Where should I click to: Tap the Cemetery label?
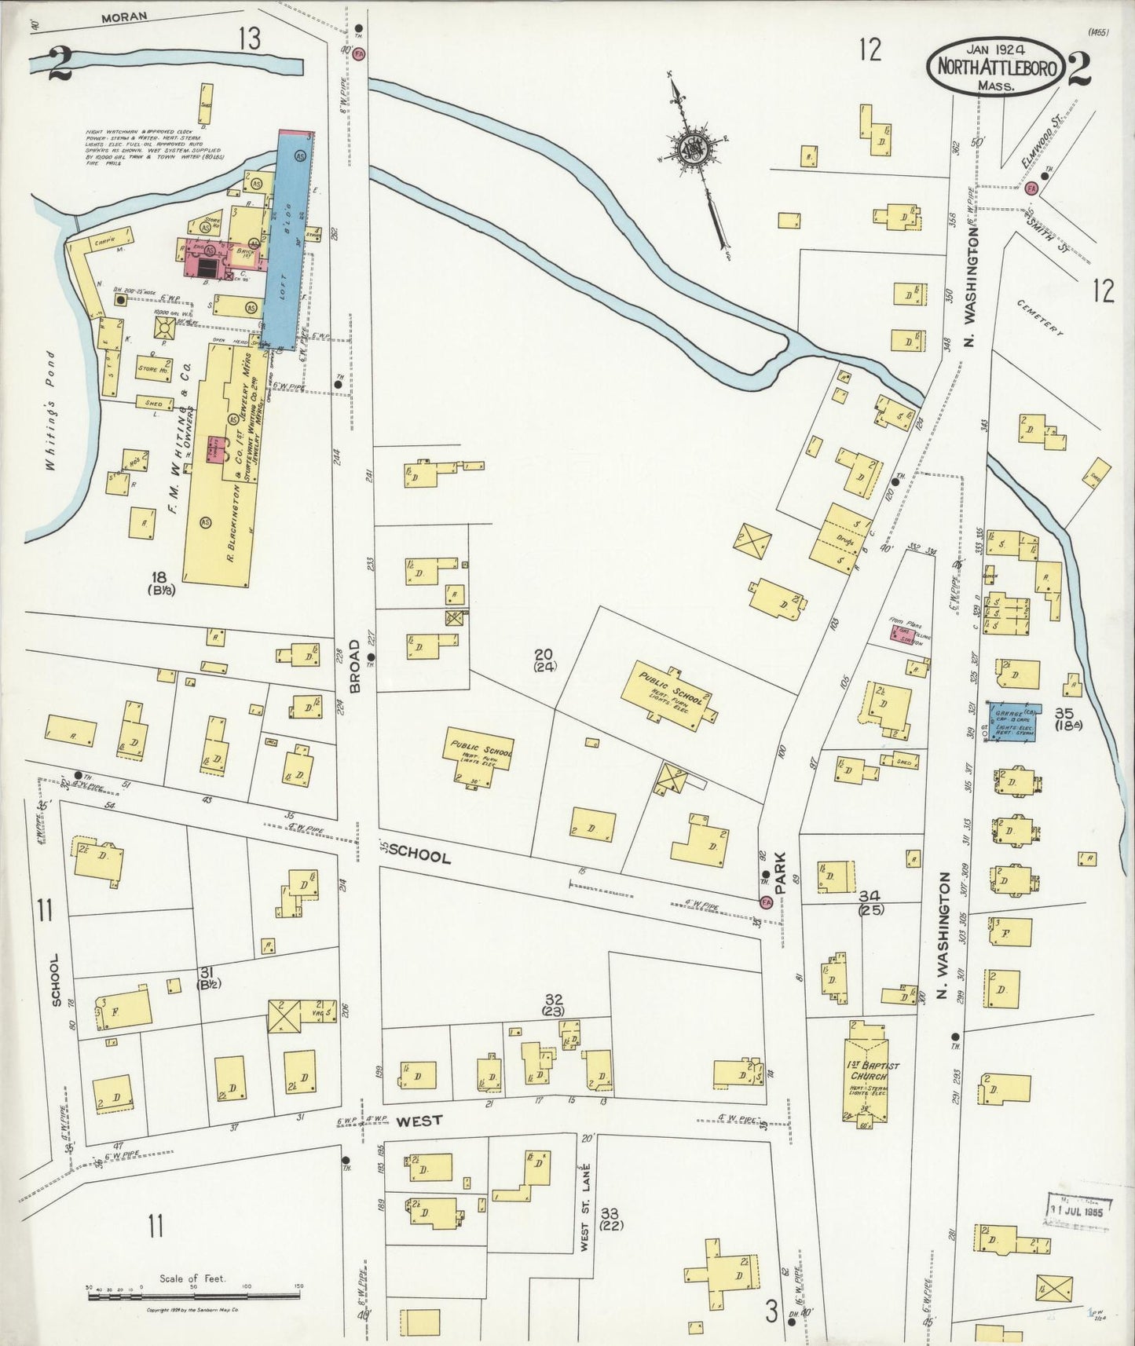pos(1040,318)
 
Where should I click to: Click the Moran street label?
pos(126,16)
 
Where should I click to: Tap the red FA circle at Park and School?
pos(765,902)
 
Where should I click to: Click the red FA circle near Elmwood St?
pos(1031,188)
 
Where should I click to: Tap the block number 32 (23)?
pos(554,1005)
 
